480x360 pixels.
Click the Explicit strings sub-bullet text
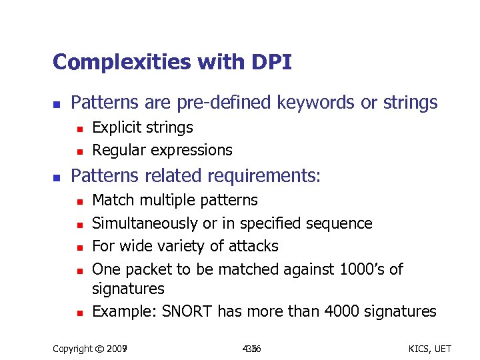[142, 127]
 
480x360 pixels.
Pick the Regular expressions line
[162, 150]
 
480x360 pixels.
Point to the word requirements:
[265, 176]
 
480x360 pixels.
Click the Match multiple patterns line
[175, 200]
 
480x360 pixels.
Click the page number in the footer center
[251, 348]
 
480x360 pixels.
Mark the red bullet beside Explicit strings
[78, 128]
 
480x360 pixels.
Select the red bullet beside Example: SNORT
[78, 312]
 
